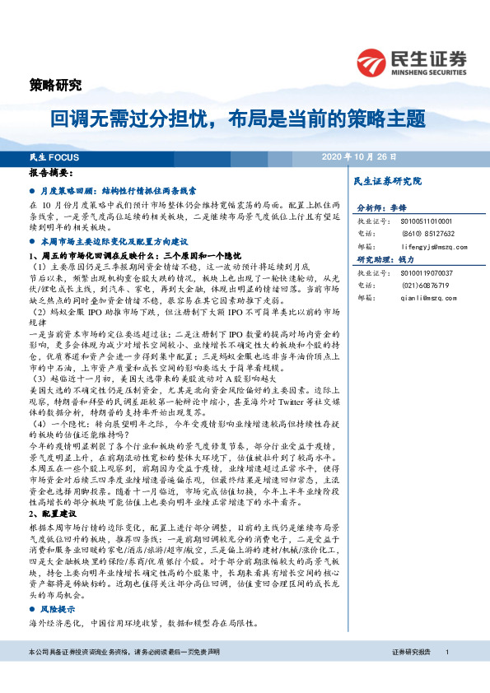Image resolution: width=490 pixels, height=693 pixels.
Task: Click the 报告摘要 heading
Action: (51, 174)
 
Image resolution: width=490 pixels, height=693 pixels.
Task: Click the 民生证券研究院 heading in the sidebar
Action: (387, 180)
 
